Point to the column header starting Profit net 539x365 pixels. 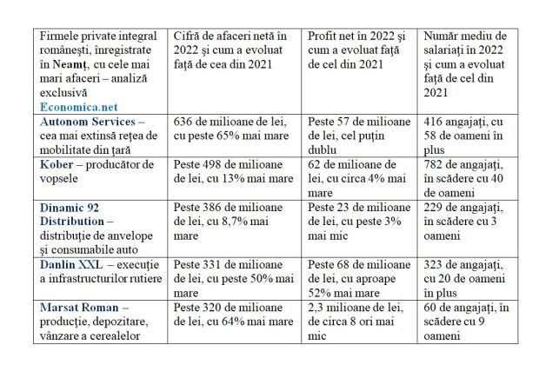tap(360, 52)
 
